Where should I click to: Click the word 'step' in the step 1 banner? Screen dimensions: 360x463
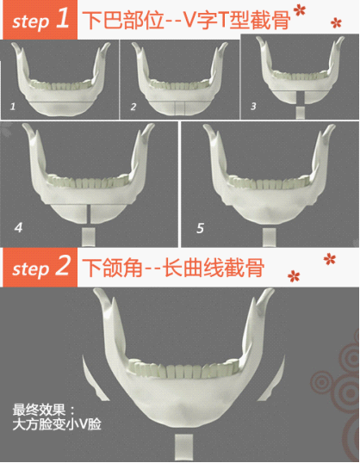[x=30, y=22]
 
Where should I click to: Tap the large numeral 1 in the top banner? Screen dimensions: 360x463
[x=63, y=18]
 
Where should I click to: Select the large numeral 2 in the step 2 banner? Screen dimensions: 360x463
[x=63, y=265]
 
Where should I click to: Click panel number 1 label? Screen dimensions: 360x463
[x=12, y=107]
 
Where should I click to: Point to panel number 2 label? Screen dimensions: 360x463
[x=133, y=107]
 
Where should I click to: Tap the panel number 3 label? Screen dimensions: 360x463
[x=253, y=106]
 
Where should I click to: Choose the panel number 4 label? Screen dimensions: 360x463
[x=18, y=228]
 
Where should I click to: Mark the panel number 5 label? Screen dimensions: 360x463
[x=200, y=228]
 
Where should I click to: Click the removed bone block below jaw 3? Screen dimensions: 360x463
[x=301, y=113]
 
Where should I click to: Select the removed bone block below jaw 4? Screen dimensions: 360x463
[x=89, y=237]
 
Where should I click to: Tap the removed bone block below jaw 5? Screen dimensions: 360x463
[x=270, y=237]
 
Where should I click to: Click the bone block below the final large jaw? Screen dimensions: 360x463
[x=183, y=447]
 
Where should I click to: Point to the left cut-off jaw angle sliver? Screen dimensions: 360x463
[x=94, y=380]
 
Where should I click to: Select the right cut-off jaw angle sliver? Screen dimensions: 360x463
[x=272, y=380]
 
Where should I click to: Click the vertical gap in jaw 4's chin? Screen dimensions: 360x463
[x=89, y=214]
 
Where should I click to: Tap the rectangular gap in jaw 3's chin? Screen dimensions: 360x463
[x=301, y=97]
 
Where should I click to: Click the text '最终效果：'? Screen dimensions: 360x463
[x=44, y=411]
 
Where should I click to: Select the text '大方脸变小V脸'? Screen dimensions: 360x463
[x=57, y=424]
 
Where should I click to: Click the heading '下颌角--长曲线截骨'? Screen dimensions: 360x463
[x=173, y=268]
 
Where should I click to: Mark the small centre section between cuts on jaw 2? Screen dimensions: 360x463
[x=180, y=108]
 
